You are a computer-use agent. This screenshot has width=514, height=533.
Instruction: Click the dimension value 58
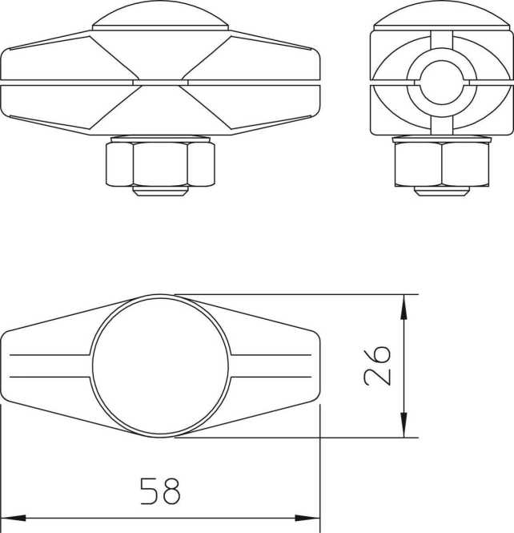pos(160,490)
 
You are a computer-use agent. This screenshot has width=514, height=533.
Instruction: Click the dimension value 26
pos(377,365)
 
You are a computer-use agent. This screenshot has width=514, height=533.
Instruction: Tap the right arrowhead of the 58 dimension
pos(309,519)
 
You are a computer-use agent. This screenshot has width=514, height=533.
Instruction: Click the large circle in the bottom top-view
pos(162,365)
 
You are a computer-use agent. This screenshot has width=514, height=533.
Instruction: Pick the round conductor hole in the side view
pos(441,82)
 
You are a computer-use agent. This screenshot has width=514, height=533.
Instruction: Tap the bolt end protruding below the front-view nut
pos(160,191)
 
